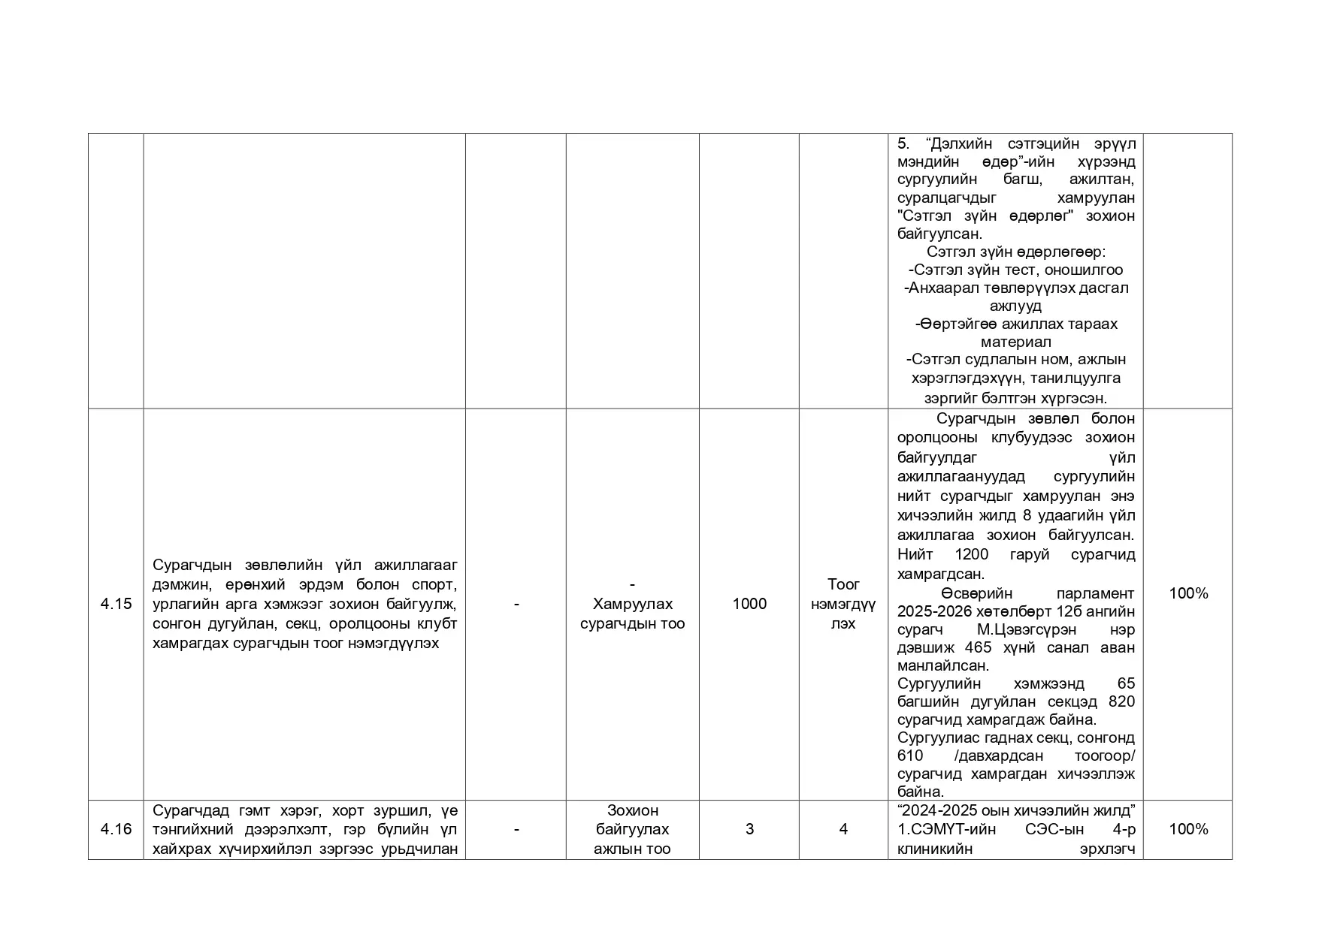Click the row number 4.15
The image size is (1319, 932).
pos(116,604)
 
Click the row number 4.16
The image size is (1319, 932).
pos(116,829)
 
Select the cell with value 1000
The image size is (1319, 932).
pos(749,604)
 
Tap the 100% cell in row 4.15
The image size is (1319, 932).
pos(1188,593)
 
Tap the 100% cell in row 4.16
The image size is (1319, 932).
pos(1188,829)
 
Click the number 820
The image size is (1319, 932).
pos(1121,701)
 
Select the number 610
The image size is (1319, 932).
pos(910,756)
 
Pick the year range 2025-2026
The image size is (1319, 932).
pos(934,611)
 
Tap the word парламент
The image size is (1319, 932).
pos(1098,593)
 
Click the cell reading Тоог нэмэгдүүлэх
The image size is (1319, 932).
pos(843,604)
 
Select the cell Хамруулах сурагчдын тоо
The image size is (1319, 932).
pos(632,614)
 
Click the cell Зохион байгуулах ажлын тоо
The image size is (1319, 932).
pos(632,829)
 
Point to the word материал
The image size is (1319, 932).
pos(1015,342)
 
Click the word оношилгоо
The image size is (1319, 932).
pos(1083,270)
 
